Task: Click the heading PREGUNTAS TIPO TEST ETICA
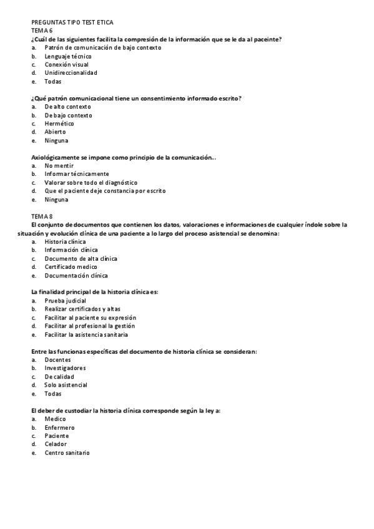[72, 22]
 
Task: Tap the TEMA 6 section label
[42, 30]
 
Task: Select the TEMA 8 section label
[42, 215]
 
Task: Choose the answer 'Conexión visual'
[66, 64]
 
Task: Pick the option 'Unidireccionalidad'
[71, 72]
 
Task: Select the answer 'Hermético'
[59, 124]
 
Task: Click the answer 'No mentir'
[59, 166]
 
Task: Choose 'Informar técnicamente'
[76, 174]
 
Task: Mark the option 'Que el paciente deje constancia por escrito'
[105, 191]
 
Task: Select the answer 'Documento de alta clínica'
[81, 258]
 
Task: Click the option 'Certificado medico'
[71, 267]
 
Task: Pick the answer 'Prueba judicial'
[65, 301]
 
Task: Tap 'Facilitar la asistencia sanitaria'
[86, 334]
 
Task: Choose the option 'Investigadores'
[65, 368]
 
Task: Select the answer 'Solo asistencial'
[66, 385]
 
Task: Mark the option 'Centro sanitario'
[67, 452]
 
